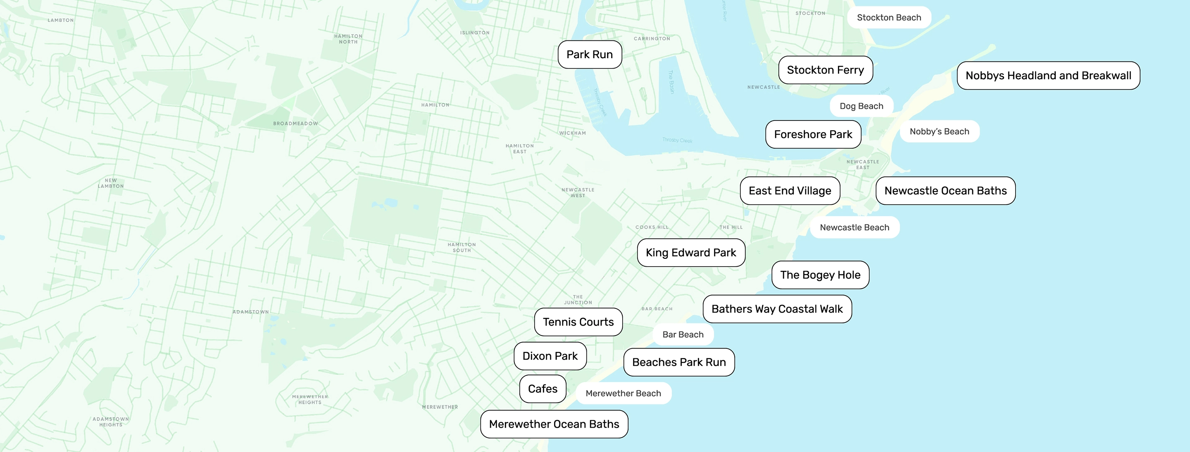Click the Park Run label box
(x=590, y=54)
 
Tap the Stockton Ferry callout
(x=825, y=70)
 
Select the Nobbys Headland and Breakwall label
(x=1048, y=76)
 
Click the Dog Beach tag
(x=861, y=106)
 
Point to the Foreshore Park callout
(x=813, y=134)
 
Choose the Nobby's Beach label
(x=939, y=132)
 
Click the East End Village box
(x=790, y=191)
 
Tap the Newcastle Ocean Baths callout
(x=945, y=191)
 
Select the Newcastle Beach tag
(x=854, y=227)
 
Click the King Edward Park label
(x=690, y=253)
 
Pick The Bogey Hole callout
(x=820, y=275)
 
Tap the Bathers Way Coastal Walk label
(x=776, y=309)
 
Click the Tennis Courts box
(x=578, y=322)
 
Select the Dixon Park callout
(x=550, y=356)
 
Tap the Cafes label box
(x=543, y=389)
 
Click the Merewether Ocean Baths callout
(x=553, y=424)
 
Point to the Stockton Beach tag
(x=888, y=18)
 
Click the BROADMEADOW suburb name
(x=295, y=124)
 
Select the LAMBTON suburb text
(x=60, y=20)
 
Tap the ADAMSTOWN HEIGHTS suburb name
(x=111, y=421)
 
